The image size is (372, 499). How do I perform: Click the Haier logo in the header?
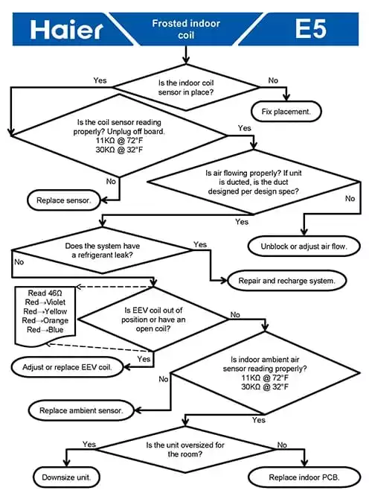click(66, 30)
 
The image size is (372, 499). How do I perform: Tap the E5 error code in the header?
click(311, 28)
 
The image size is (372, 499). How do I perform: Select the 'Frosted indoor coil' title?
click(186, 29)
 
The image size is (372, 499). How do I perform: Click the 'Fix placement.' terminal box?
click(286, 112)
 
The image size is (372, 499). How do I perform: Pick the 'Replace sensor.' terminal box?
click(63, 200)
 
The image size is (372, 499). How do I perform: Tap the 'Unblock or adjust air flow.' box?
click(304, 246)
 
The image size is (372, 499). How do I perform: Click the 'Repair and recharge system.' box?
click(286, 280)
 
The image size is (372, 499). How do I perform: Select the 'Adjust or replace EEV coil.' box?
click(67, 367)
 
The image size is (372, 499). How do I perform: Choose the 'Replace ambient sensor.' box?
click(81, 410)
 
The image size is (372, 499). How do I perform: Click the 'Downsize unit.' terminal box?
click(66, 477)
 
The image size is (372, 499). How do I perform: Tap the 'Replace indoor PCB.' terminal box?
click(304, 477)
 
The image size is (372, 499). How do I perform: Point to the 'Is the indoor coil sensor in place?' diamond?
click(186, 87)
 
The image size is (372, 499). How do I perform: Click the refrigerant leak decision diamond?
click(102, 250)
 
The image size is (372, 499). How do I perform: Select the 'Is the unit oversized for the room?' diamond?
click(185, 449)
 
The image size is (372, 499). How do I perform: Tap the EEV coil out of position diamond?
click(153, 320)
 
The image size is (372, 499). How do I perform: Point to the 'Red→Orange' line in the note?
click(45, 320)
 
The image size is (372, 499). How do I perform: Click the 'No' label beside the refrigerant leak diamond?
click(19, 262)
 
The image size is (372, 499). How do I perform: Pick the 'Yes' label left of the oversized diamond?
click(89, 444)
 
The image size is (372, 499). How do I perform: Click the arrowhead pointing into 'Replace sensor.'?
click(103, 200)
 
